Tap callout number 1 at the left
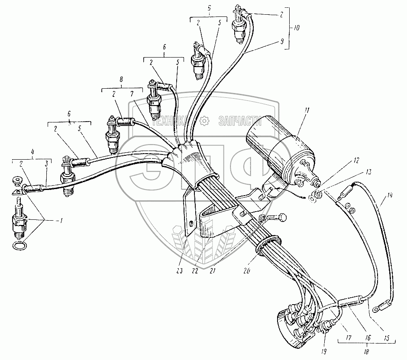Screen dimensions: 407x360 [61, 221]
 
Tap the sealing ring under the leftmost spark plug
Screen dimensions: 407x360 [19, 246]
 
